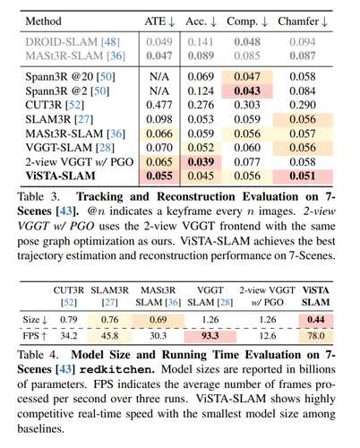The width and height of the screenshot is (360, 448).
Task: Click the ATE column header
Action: [x=159, y=22]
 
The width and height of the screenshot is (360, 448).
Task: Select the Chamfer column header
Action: [x=303, y=22]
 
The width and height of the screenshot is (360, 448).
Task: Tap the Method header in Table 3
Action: [x=44, y=22]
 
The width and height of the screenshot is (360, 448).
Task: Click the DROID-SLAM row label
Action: [x=73, y=42]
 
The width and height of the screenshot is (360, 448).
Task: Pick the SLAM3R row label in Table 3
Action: [x=59, y=119]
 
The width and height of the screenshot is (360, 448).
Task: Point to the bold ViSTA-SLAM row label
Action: [x=61, y=176]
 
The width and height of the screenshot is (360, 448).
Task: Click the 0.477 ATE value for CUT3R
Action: [x=159, y=105]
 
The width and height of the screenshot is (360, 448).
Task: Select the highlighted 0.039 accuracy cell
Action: [x=201, y=162]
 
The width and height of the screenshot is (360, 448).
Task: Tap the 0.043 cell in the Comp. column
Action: [x=247, y=91]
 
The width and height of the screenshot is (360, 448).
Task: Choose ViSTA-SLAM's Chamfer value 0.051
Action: [x=303, y=176]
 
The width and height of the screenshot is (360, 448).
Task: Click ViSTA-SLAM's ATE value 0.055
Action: [x=159, y=176]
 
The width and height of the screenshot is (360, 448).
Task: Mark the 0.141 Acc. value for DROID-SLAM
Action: [x=201, y=42]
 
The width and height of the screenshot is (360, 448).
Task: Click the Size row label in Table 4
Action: [x=35, y=320]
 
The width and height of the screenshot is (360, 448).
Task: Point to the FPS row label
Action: [x=35, y=336]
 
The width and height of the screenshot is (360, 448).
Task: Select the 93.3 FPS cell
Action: [x=210, y=336]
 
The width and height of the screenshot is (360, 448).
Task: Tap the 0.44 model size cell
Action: [x=316, y=320]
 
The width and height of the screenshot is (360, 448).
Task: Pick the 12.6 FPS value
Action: [x=268, y=336]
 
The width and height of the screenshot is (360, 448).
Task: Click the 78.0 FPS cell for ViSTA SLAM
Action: [x=316, y=336]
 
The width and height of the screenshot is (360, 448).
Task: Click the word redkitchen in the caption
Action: [x=117, y=370]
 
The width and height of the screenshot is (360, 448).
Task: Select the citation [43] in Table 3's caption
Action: [x=65, y=211]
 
